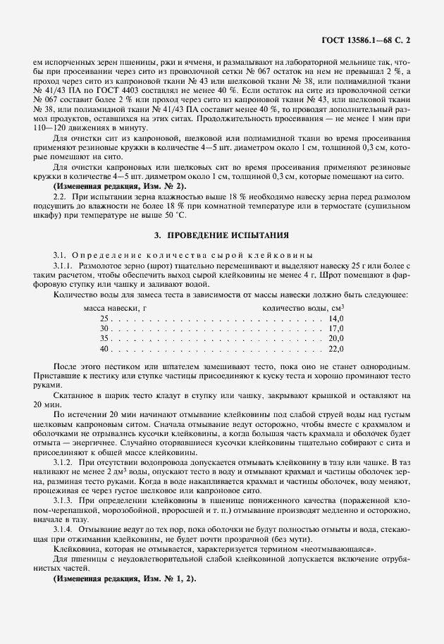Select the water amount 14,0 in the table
coord(335,318)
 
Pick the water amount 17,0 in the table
coord(335,328)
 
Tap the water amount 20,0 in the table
coord(335,338)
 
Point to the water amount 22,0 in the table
coord(335,348)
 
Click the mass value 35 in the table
coord(105,338)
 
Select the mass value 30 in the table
coord(105,328)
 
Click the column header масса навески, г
coord(115,309)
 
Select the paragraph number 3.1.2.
coord(63,461)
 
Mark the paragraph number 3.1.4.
coord(63,528)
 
